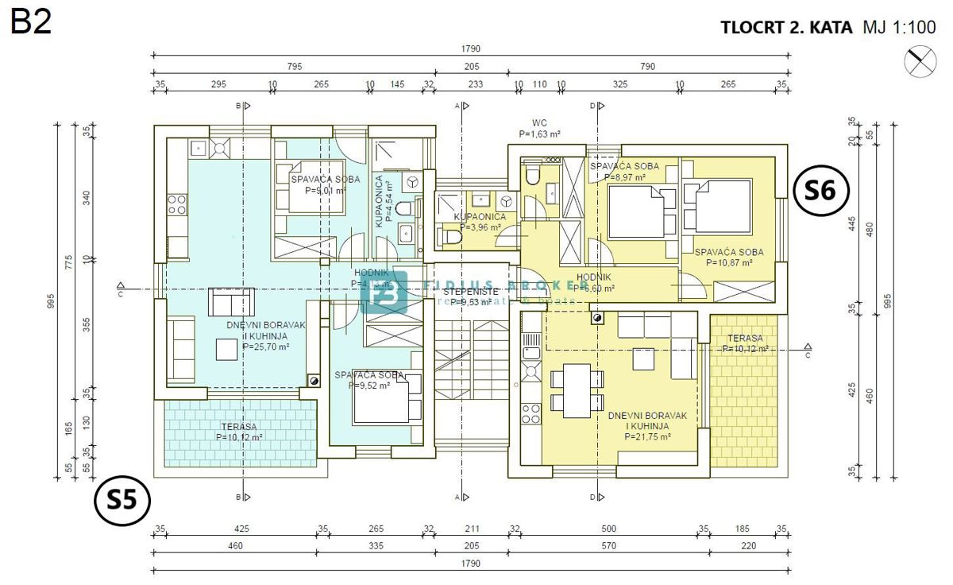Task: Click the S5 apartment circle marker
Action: [x=122, y=502]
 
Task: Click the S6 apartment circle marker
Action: [x=822, y=190]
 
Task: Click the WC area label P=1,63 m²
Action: [x=540, y=134]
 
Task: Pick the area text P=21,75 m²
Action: [x=647, y=436]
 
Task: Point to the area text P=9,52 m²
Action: [x=369, y=385]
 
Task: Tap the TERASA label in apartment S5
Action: [x=238, y=426]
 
